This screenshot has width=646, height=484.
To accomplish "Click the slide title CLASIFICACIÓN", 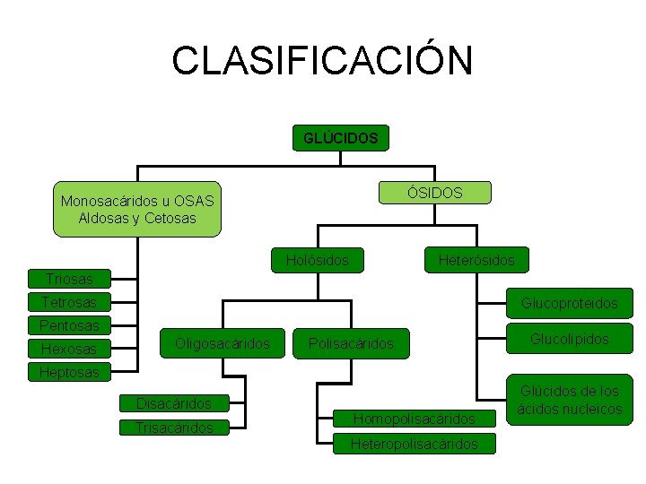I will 322,60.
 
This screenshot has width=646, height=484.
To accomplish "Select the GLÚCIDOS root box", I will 341,138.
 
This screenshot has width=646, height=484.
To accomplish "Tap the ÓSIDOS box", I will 434,193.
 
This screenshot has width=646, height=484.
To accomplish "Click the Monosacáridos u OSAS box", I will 136,210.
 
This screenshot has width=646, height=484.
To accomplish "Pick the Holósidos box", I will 318,260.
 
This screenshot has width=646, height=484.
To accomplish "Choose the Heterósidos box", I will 476,260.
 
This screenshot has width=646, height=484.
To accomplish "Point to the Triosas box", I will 69,279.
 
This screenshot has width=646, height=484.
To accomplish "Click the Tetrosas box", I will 69,302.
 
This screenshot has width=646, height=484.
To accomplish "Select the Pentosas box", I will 69,324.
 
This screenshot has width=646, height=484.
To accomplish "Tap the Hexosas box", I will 69,348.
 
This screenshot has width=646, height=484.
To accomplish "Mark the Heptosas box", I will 69,371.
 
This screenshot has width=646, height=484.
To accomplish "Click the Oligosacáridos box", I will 223,341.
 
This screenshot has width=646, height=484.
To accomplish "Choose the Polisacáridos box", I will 351,343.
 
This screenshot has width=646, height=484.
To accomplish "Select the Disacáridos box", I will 174,404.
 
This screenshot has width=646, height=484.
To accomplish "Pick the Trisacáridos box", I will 174,428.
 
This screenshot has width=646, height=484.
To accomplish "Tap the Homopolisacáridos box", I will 414,419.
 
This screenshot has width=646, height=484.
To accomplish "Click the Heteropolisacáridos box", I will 414,444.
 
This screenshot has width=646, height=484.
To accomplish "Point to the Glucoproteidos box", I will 570,303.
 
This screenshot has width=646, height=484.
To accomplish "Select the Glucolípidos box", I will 570,339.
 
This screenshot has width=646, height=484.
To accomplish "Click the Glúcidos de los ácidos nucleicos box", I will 570,400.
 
